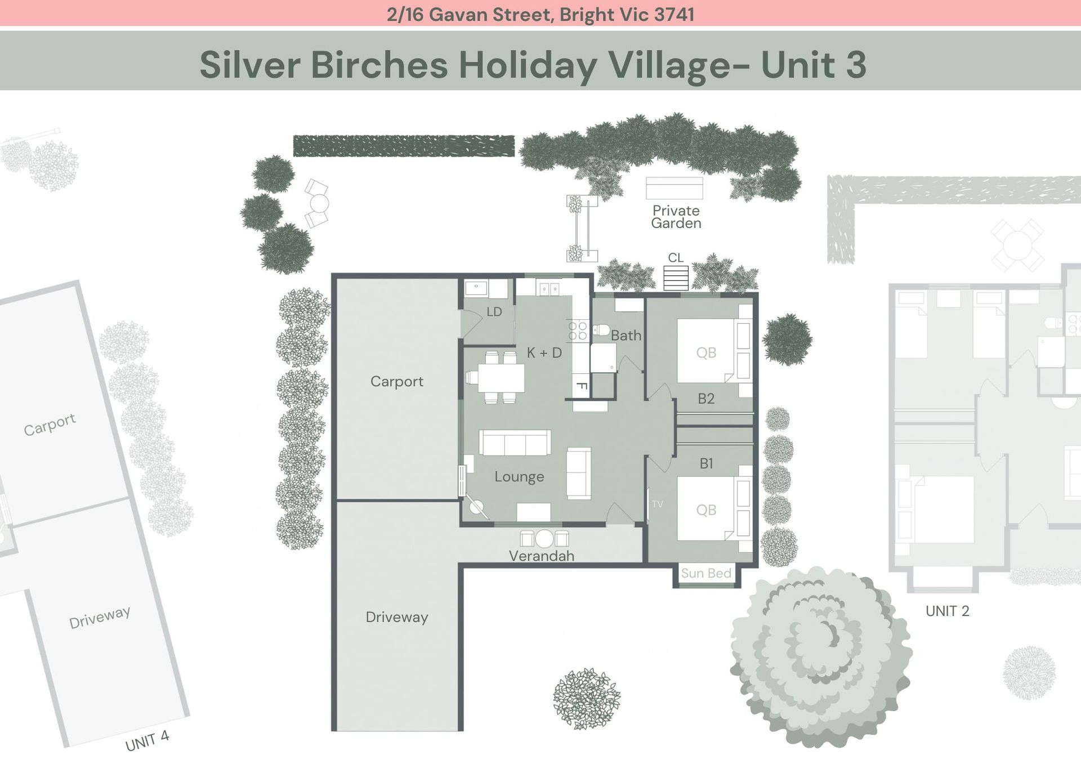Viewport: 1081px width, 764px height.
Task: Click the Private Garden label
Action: pyautogui.click(x=676, y=217)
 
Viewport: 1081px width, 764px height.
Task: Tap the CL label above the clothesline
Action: pyautogui.click(x=676, y=257)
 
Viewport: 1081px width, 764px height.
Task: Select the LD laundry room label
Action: pyautogui.click(x=494, y=311)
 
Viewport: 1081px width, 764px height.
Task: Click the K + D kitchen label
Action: pyautogui.click(x=544, y=352)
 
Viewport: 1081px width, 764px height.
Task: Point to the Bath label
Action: pyautogui.click(x=626, y=336)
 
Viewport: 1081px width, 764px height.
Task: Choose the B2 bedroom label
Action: pyautogui.click(x=706, y=399)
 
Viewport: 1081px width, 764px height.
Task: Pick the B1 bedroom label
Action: pyautogui.click(x=706, y=463)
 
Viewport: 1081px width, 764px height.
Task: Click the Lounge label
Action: pyautogui.click(x=519, y=477)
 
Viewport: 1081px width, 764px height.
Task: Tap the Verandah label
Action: pyautogui.click(x=542, y=556)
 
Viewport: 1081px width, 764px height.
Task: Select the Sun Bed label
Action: pyautogui.click(x=706, y=573)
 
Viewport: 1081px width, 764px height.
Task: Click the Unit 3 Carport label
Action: pyautogui.click(x=397, y=382)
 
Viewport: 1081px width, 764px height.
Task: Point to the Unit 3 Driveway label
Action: pyautogui.click(x=397, y=617)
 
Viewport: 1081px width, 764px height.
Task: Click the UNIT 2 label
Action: pyautogui.click(x=948, y=611)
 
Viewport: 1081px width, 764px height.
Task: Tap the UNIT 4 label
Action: pyautogui.click(x=147, y=741)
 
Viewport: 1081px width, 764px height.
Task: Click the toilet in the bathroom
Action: pyautogui.click(x=601, y=330)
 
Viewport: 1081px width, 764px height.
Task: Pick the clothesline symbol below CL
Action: pyautogui.click(x=676, y=278)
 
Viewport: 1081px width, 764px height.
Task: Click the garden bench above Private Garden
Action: pyautogui.click(x=674, y=188)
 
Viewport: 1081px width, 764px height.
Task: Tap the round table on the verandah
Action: pyautogui.click(x=544, y=539)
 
